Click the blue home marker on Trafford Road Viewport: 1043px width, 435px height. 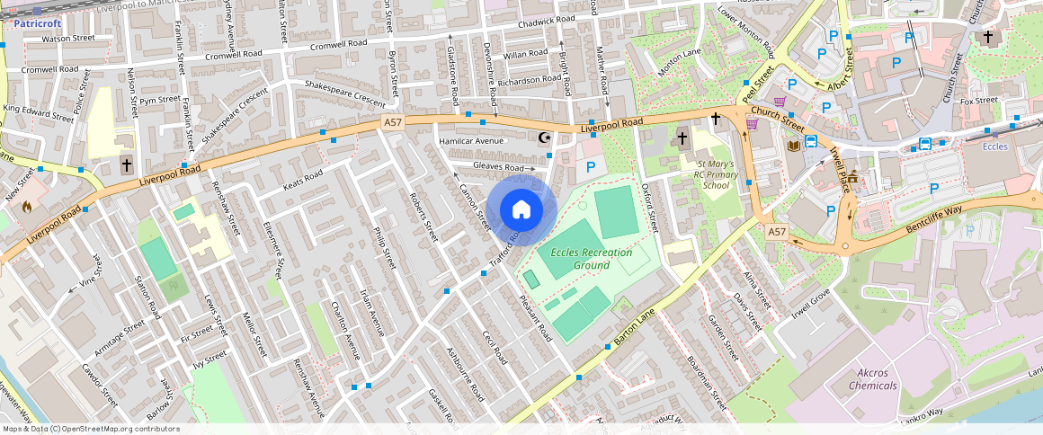pos(521,210)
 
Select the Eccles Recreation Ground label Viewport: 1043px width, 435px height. pos(592,259)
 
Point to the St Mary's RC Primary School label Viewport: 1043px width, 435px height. pos(716,174)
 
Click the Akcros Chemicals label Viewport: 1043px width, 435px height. pos(872,379)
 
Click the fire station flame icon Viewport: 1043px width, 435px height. pos(27,206)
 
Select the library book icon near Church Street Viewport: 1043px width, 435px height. pos(793,146)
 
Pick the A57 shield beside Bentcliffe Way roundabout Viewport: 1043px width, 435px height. pos(778,232)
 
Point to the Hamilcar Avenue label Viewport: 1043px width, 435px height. pos(470,141)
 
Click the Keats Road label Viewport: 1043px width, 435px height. pos(302,181)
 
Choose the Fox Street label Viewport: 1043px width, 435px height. pos(979,101)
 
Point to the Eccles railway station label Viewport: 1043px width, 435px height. pos(994,146)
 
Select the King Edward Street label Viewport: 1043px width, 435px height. pos(39,114)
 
